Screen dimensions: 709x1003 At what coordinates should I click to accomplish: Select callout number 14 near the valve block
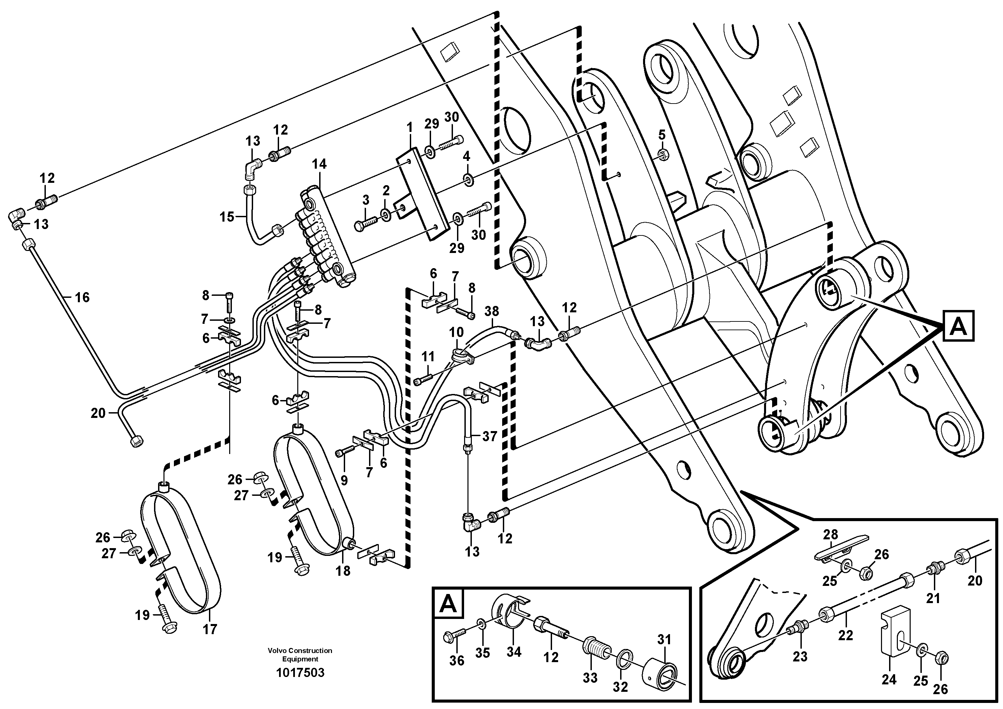pyautogui.click(x=319, y=164)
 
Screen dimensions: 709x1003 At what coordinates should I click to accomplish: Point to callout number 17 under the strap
pyautogui.click(x=210, y=629)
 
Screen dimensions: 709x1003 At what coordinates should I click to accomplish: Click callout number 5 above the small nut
pyautogui.click(x=662, y=135)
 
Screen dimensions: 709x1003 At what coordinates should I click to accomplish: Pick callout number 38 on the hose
pyautogui.click(x=491, y=311)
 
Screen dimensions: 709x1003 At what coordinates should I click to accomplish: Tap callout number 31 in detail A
pyautogui.click(x=664, y=640)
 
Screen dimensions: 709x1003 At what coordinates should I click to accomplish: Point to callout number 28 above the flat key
pyautogui.click(x=830, y=534)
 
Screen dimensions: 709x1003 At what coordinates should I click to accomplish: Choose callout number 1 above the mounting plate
pyautogui.click(x=409, y=128)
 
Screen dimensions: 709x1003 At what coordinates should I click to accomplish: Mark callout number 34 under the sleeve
pyautogui.click(x=514, y=652)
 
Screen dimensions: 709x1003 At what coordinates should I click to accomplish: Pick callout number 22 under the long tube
pyautogui.click(x=845, y=635)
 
